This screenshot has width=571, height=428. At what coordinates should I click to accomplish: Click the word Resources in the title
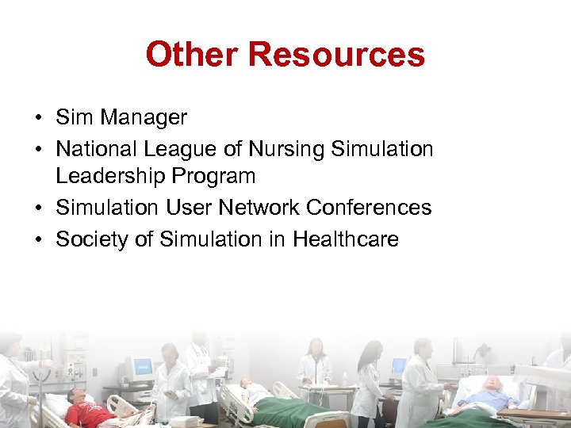tap(336, 55)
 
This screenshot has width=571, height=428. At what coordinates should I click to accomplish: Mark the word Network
tap(260, 208)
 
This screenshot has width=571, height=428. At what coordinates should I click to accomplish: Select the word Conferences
tap(369, 208)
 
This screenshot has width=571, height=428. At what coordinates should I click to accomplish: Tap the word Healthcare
tap(346, 239)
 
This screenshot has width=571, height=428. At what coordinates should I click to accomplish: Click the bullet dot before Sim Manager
tap(38, 119)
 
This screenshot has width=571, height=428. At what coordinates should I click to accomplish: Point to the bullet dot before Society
tap(38, 240)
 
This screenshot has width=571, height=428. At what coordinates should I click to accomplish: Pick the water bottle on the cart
tap(344, 378)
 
